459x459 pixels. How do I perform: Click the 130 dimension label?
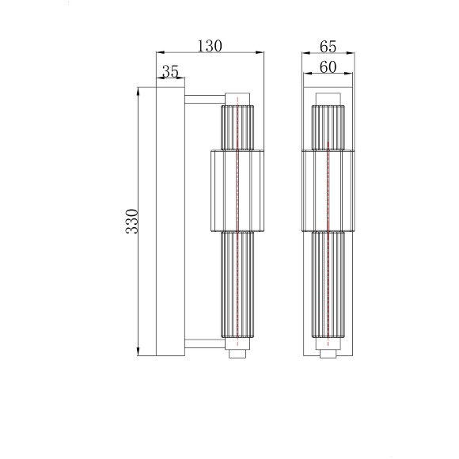[210, 46]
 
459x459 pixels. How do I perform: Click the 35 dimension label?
[170, 71]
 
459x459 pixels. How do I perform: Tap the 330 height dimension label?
[131, 222]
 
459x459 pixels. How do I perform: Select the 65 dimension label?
[328, 47]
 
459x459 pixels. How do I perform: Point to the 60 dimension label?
[328, 67]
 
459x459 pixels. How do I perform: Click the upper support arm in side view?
[205, 99]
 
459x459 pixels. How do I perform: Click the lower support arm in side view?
[205, 343]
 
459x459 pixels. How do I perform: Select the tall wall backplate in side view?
[170, 222]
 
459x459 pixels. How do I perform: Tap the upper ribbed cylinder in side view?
[237, 127]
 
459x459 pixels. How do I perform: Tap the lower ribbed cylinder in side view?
[237, 284]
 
